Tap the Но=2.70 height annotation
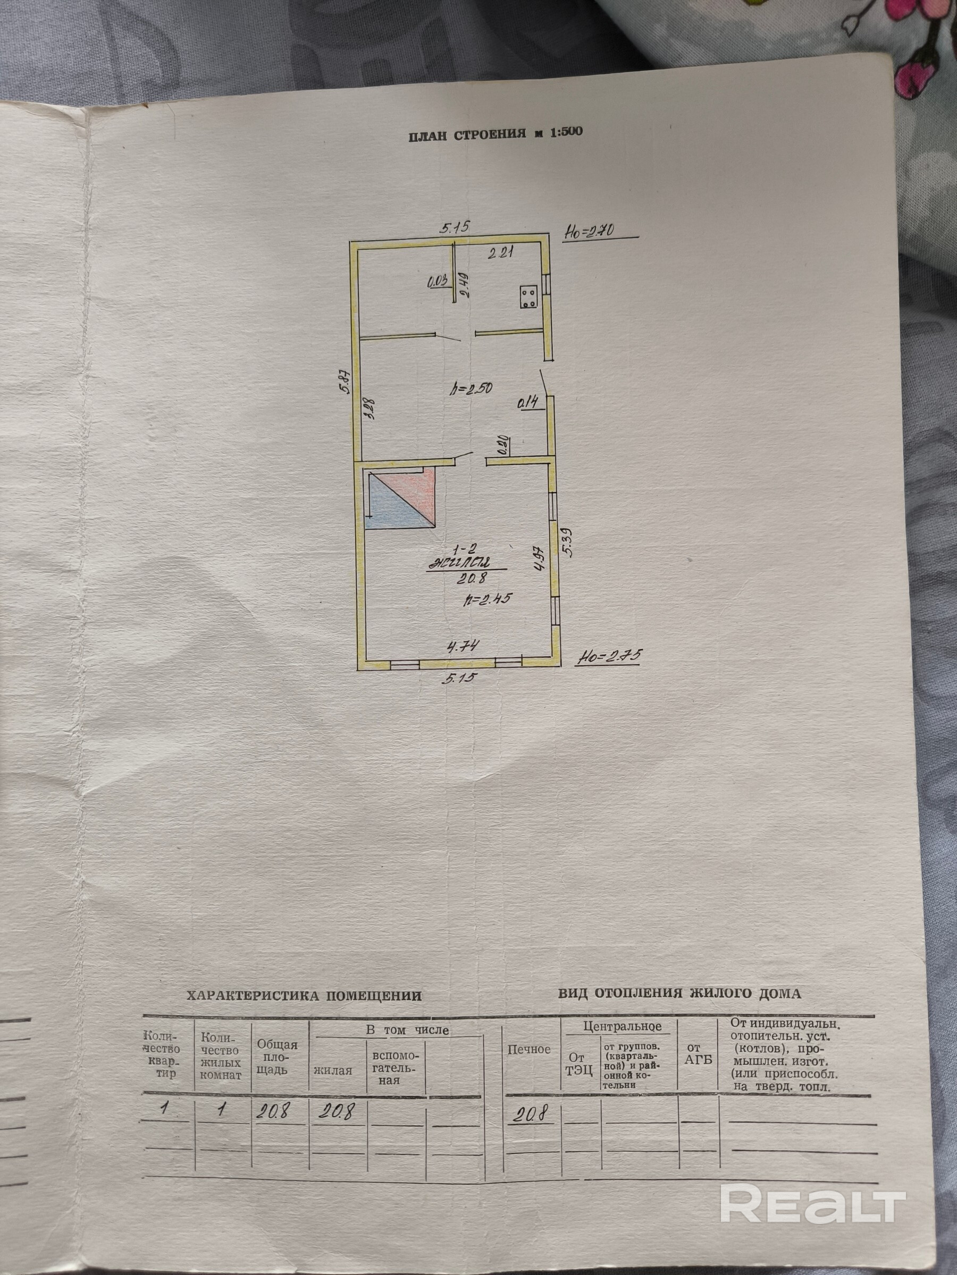[589, 232]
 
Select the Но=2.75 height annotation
[609, 656]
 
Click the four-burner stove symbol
[527, 298]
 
